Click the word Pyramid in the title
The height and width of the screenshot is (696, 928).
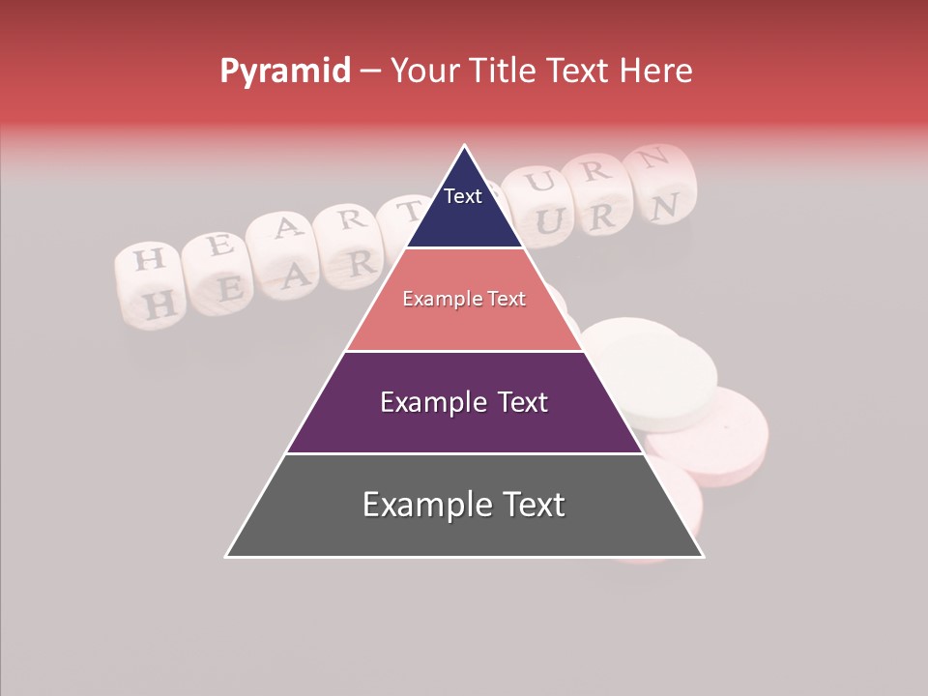coord(285,72)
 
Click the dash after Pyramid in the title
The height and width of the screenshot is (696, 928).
coord(370,72)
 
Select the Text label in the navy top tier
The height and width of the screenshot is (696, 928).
coord(463,196)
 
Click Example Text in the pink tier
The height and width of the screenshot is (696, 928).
coord(464,299)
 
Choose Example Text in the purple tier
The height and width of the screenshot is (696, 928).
coord(464,402)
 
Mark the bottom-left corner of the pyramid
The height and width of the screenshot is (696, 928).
coord(226,557)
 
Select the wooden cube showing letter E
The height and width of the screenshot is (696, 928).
coord(218,246)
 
